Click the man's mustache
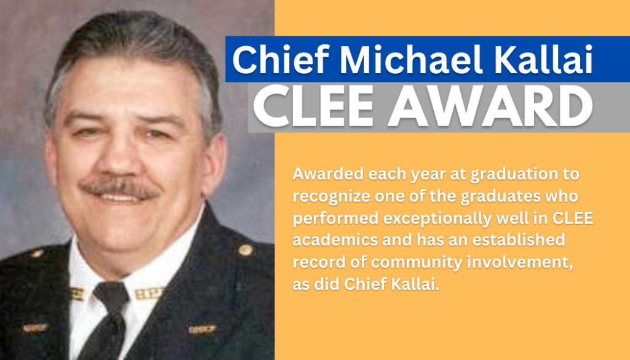pyautogui.click(x=119, y=188)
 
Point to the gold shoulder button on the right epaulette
pyautogui.click(x=245, y=250)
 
